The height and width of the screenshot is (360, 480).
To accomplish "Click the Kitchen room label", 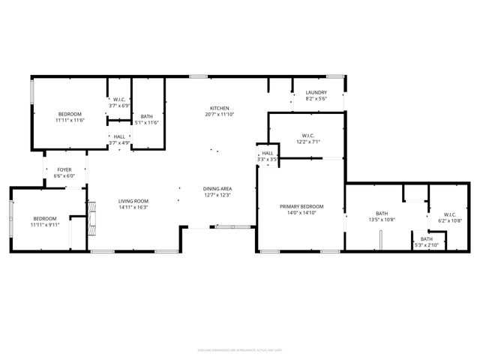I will (219, 108).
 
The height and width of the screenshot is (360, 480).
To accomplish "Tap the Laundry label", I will (316, 93).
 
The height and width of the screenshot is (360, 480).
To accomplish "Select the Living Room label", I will (133, 200).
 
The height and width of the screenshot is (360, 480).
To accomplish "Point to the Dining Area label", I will (217, 188).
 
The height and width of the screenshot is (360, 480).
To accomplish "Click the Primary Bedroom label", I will (301, 206).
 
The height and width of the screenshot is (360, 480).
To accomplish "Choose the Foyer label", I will (64, 170).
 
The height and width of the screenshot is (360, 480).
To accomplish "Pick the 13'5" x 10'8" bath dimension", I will (382, 220).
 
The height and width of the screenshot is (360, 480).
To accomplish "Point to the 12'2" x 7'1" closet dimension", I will (308, 141).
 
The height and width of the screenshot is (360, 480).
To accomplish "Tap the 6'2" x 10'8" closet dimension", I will (450, 220).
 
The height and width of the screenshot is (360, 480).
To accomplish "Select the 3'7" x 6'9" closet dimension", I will (120, 106).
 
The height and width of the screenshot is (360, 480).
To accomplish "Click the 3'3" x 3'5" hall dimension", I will (268, 159).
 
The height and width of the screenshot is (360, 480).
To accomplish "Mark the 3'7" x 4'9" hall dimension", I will (120, 142).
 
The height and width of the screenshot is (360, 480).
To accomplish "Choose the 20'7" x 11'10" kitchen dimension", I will (219, 114).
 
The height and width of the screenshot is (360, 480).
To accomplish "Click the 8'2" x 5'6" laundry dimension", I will (316, 99).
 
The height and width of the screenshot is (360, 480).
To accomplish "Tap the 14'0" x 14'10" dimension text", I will (301, 212).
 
